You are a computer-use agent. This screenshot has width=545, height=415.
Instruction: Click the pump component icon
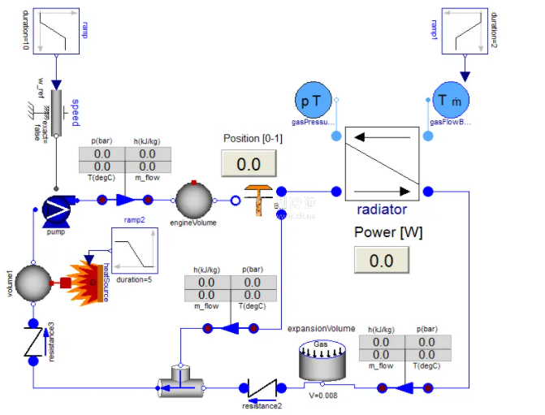pyautogui.click(x=56, y=208)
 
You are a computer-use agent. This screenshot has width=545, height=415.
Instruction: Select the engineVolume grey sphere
pyautogui.click(x=194, y=200)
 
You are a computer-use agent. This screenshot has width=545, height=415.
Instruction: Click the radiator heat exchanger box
pyautogui.click(x=382, y=162)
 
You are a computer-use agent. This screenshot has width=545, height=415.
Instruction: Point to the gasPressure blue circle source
pyautogui.click(x=312, y=101)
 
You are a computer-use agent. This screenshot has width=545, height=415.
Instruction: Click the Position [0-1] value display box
pyautogui.click(x=249, y=164)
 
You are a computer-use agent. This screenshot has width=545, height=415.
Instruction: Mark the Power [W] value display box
pyautogui.click(x=381, y=260)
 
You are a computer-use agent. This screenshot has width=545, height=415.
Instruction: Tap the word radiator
pyautogui.click(x=382, y=210)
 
